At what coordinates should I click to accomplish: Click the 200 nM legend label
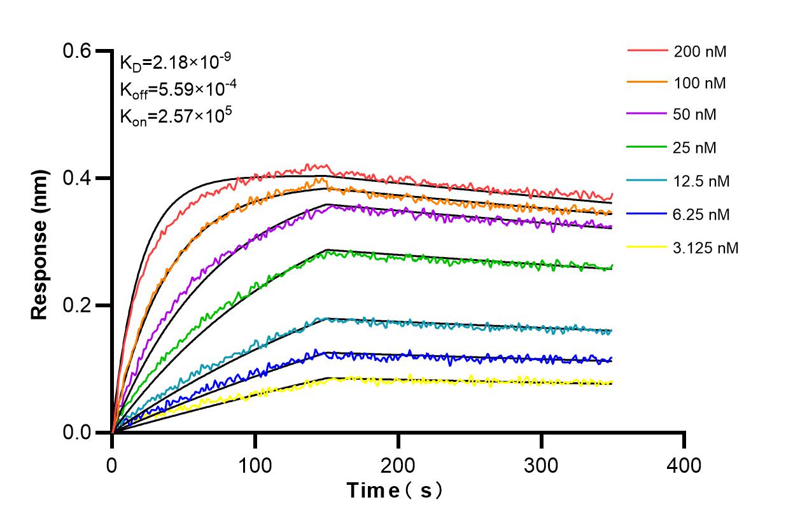click(700, 52)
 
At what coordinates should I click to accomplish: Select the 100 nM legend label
click(700, 83)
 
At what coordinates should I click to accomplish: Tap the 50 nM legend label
click(695, 115)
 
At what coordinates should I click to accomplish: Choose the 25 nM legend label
click(695, 148)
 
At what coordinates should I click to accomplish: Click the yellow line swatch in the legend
click(647, 246)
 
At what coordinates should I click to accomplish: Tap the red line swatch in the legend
click(647, 50)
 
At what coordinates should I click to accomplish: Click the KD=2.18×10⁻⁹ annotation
click(175, 62)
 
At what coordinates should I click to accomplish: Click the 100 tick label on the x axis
click(255, 466)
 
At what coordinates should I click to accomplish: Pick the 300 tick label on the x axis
click(541, 466)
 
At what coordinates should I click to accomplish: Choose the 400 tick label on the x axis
click(684, 466)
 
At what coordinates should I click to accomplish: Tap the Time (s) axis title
click(394, 491)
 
